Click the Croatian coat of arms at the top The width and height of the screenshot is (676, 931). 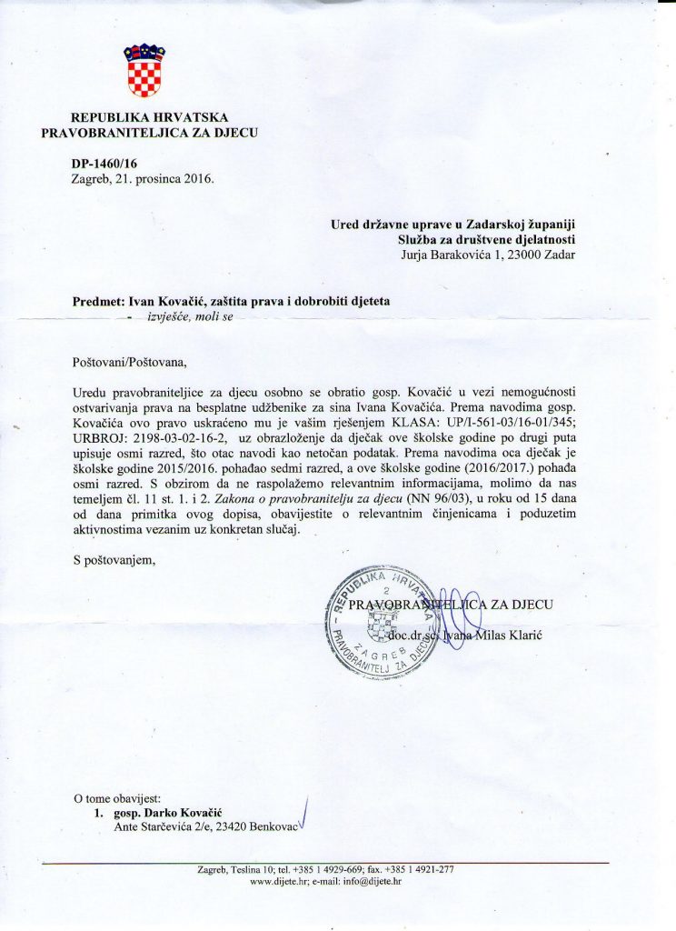point(144,70)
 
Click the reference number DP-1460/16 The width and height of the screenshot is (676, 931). point(104,163)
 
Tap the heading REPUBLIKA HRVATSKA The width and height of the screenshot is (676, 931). point(150,117)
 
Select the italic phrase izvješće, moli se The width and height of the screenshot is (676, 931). point(190,317)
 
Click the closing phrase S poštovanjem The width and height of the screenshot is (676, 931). point(114,558)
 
